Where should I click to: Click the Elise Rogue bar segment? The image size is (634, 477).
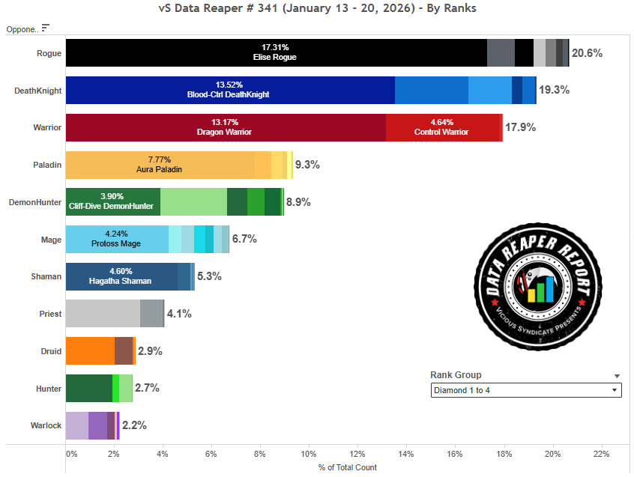tap(276, 53)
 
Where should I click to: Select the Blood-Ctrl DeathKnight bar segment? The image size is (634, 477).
tap(229, 90)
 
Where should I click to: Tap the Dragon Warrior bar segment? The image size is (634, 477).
tap(225, 127)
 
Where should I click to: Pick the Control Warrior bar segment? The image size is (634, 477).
tap(442, 127)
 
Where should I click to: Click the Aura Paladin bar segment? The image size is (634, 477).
tap(159, 165)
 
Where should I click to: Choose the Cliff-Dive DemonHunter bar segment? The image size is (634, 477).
tap(112, 201)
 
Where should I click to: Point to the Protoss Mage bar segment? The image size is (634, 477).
tap(117, 239)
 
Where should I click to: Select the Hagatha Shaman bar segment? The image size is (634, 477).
tap(121, 276)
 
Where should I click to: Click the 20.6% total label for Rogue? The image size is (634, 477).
tap(587, 53)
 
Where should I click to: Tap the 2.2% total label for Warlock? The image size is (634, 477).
tap(133, 425)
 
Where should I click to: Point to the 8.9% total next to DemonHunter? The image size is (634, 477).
tap(298, 202)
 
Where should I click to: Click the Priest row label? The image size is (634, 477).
tap(50, 314)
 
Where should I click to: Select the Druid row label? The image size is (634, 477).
tap(50, 351)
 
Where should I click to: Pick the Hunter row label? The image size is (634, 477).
tap(49, 388)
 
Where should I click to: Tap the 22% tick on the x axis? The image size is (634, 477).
tap(601, 454)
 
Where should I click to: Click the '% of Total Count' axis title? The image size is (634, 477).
tap(347, 467)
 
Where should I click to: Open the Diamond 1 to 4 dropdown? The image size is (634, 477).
tap(525, 390)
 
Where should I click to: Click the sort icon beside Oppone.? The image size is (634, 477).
tap(46, 28)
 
